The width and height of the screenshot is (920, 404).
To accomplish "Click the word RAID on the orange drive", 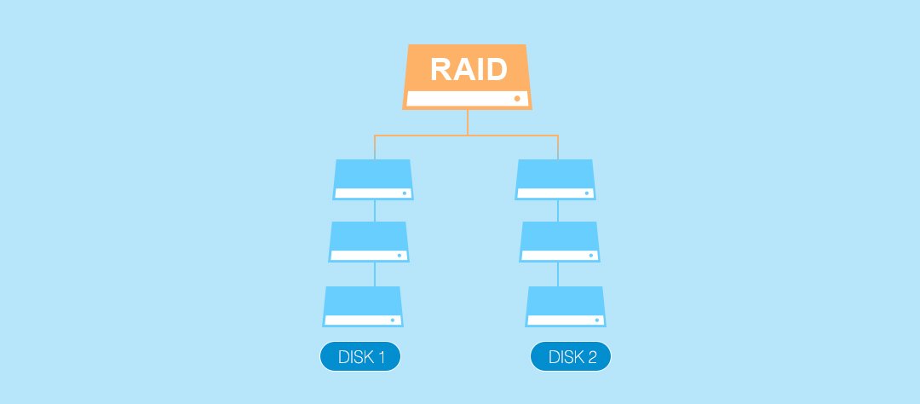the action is (x=469, y=69).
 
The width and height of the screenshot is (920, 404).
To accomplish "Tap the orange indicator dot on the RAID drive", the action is (x=517, y=99).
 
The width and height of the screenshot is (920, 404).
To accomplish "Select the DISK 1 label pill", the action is (x=360, y=356).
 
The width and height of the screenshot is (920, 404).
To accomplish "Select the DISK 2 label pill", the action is (x=571, y=356).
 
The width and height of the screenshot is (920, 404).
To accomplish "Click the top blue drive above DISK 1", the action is (x=373, y=180).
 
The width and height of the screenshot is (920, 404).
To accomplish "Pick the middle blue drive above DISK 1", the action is (x=369, y=242).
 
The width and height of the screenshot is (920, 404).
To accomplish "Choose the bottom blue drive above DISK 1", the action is (x=363, y=307).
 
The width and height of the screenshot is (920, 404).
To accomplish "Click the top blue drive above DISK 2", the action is (x=555, y=180).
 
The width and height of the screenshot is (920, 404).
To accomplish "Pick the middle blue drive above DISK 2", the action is (x=560, y=242).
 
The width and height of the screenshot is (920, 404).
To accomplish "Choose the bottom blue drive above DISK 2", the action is (x=566, y=307).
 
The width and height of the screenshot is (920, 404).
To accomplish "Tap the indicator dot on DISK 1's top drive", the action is (x=405, y=193).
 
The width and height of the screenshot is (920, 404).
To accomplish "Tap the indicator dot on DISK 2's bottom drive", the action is (x=596, y=320).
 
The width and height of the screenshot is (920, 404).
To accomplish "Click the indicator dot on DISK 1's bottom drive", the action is (x=393, y=320).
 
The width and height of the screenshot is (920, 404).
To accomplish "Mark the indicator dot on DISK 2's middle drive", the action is (x=591, y=256).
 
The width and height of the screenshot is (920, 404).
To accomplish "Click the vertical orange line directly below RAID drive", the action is (x=468, y=123).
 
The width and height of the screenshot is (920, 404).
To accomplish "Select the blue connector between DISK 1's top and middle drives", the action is (x=375, y=211).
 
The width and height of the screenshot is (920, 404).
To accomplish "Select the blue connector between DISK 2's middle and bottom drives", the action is (x=558, y=274).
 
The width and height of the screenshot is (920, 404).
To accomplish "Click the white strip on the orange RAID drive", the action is (x=468, y=99).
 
